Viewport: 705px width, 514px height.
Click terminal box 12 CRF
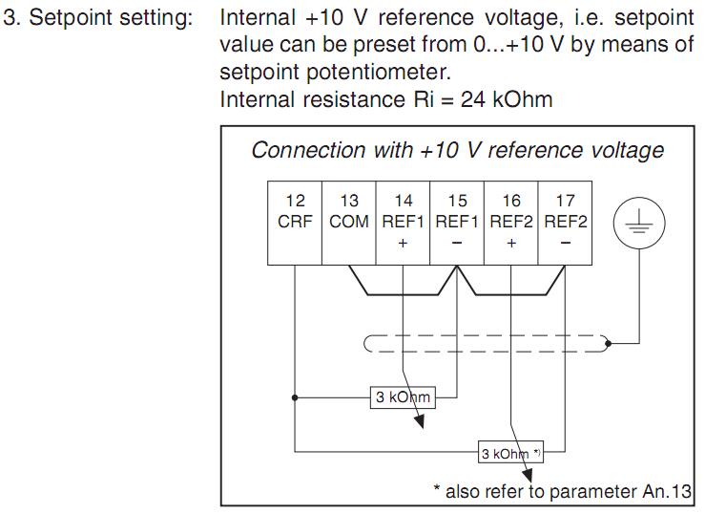(295, 223)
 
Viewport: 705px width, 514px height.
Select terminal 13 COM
(349, 223)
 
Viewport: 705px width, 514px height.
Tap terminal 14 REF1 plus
(403, 223)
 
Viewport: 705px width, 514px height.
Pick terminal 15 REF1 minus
(457, 223)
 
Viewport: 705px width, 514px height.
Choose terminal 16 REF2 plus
(510, 223)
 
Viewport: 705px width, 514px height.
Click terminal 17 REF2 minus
(565, 223)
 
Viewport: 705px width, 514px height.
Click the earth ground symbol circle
(639, 223)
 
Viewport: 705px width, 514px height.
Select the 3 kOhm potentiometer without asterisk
(403, 397)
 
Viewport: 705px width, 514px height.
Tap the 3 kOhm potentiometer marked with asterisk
(510, 452)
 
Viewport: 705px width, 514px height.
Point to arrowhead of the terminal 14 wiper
(420, 421)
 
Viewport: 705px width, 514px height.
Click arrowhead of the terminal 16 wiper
(528, 476)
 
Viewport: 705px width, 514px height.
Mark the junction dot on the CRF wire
(295, 397)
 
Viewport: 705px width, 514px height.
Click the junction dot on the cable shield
(609, 344)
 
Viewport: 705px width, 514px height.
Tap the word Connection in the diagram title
(309, 150)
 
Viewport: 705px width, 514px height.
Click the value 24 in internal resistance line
(472, 99)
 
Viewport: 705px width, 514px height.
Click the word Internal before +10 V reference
(258, 18)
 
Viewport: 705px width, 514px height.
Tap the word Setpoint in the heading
(71, 19)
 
